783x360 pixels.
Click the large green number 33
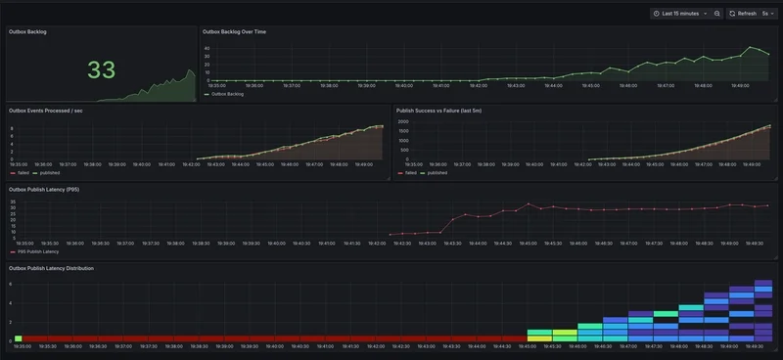pyautogui.click(x=101, y=69)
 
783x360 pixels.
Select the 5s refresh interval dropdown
pyautogui.click(x=767, y=14)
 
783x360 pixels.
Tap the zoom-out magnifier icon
pyautogui.click(x=717, y=14)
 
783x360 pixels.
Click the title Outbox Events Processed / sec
pyautogui.click(x=52, y=111)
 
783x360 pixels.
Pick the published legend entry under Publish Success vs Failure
pyautogui.click(x=434, y=173)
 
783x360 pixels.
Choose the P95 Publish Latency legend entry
pyautogui.click(x=40, y=251)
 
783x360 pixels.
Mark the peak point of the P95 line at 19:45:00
pyautogui.click(x=529, y=204)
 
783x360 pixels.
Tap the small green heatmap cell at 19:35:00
pyautogui.click(x=18, y=338)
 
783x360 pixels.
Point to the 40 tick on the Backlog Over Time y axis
pyautogui.click(x=207, y=46)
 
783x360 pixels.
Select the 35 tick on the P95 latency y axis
pyautogui.click(x=13, y=202)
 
